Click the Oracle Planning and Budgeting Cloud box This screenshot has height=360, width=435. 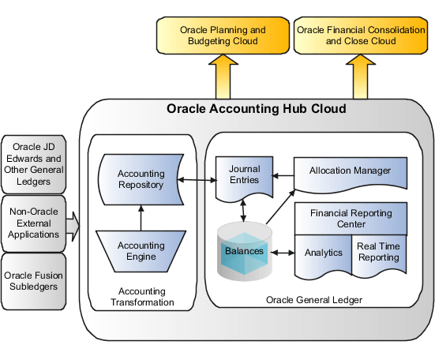tap(223, 36)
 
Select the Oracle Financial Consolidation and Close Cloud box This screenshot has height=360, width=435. tap(362, 36)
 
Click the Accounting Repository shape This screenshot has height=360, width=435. tap(141, 179)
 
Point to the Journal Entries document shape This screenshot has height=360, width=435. tap(244, 174)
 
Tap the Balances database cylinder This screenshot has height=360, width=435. tap(244, 252)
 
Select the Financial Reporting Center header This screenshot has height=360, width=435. tap(350, 219)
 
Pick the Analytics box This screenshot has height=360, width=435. tap(323, 253)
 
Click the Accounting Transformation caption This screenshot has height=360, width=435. tap(141, 296)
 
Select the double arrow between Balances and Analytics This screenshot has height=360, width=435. tap(282, 253)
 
